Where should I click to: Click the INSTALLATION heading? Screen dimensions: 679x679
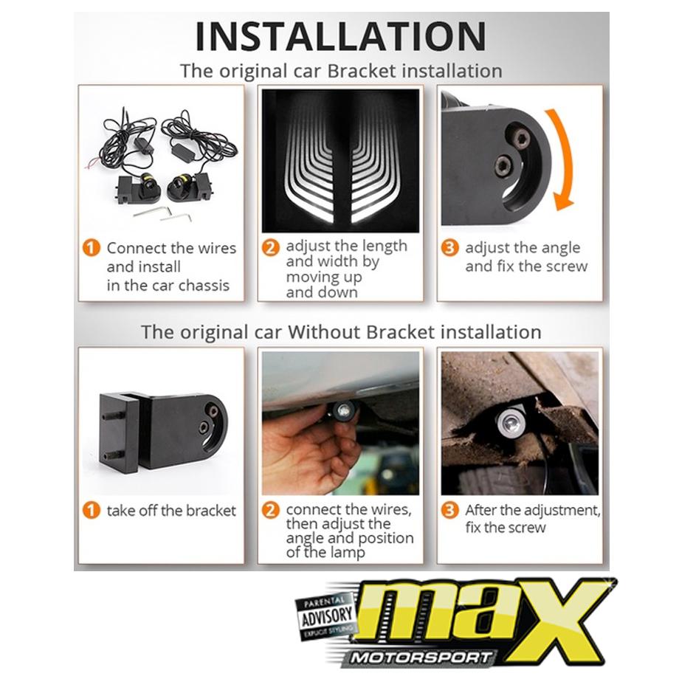(341, 36)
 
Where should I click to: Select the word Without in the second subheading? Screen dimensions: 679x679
(324, 332)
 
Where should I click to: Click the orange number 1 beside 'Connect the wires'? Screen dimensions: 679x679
(92, 248)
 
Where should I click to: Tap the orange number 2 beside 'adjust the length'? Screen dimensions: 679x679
(271, 247)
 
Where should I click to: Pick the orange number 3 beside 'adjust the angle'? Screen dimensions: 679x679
(450, 248)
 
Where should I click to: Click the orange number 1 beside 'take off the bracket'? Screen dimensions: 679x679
(92, 510)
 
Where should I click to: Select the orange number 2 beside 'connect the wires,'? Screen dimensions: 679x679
(271, 510)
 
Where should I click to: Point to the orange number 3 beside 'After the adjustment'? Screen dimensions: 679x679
(450, 510)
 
